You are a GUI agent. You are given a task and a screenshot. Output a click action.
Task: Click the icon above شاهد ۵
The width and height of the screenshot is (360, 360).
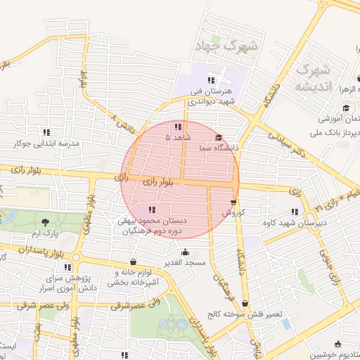(177, 127)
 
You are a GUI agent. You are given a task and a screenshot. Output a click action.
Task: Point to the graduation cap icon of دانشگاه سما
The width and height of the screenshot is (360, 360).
(219, 138)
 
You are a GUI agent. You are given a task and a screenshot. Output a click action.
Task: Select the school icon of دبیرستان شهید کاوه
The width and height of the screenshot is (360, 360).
(295, 212)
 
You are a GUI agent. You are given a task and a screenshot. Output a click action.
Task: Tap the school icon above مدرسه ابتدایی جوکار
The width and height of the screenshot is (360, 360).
(47, 131)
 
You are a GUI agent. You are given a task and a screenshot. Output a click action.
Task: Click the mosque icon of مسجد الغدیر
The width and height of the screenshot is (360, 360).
(185, 252)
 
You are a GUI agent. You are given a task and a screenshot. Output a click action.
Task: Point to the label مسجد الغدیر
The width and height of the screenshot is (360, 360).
(185, 263)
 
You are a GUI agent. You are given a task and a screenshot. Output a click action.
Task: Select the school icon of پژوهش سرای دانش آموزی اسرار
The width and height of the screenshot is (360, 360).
(67, 267)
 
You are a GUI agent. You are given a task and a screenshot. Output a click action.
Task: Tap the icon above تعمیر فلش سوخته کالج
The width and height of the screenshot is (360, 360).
(245, 303)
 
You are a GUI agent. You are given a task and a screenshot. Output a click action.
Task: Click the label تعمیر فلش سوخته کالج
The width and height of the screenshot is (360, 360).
(244, 314)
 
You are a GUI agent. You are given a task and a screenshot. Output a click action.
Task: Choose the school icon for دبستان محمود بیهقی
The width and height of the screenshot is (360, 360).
(153, 209)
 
